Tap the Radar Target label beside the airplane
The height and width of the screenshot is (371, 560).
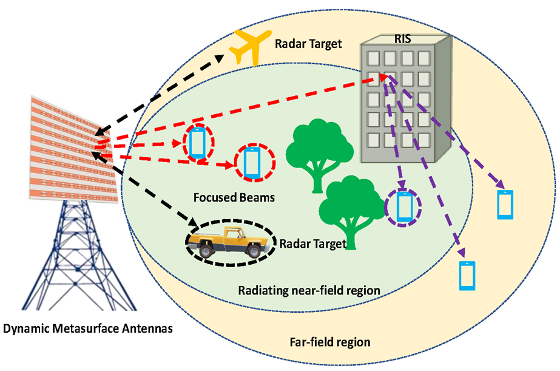308,44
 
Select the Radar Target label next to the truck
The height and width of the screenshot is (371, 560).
312,244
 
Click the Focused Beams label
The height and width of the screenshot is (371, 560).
226,197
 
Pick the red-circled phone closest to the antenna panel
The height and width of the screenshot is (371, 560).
197,142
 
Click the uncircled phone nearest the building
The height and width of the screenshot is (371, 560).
505,205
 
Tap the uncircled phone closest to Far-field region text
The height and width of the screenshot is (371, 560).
466,276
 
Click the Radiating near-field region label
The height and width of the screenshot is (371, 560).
309,290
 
